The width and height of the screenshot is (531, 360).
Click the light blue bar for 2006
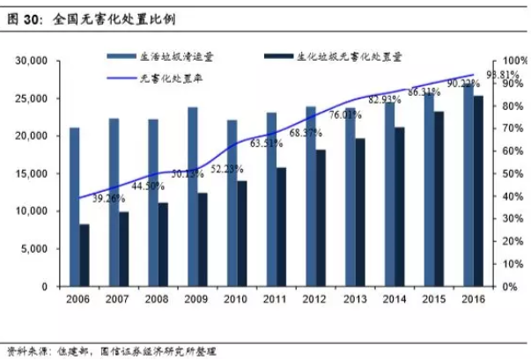[x=75, y=207]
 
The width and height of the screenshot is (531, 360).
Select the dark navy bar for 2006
[x=85, y=255]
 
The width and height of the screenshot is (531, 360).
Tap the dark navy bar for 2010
[x=241, y=233]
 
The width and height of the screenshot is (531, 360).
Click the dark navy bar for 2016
[x=477, y=191]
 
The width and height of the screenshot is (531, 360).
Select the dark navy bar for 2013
[x=359, y=212]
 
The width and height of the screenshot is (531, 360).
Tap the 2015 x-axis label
[x=433, y=300]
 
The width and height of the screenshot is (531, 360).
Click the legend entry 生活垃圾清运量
[x=186, y=55]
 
